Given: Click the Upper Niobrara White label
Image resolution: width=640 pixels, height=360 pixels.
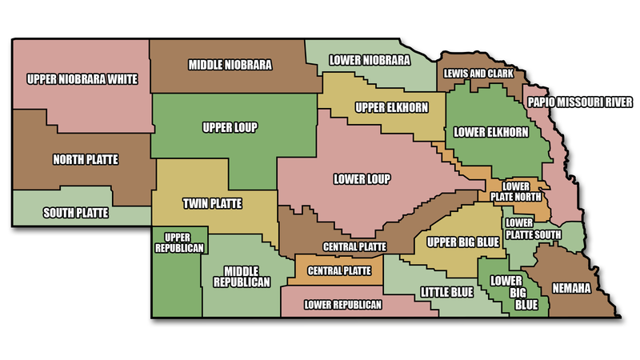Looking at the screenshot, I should point(82,79).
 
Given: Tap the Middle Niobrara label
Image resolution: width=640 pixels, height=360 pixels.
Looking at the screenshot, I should point(230,63).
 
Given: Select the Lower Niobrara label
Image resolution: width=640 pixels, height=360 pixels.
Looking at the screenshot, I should point(370,61).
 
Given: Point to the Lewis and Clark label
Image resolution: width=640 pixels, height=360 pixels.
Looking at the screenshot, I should point(478,74).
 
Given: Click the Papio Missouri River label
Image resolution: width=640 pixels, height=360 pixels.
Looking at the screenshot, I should point(580,102).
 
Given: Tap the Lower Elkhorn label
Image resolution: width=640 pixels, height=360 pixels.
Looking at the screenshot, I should point(490,132).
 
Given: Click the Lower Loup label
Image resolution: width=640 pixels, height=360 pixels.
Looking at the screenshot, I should point(362,178).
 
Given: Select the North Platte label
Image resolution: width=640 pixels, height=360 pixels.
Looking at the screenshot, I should point(85,159).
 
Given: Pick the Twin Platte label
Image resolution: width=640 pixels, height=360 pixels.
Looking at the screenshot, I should point(212,202).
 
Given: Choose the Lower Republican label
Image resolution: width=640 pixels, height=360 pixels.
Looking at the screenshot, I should point(343,305).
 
